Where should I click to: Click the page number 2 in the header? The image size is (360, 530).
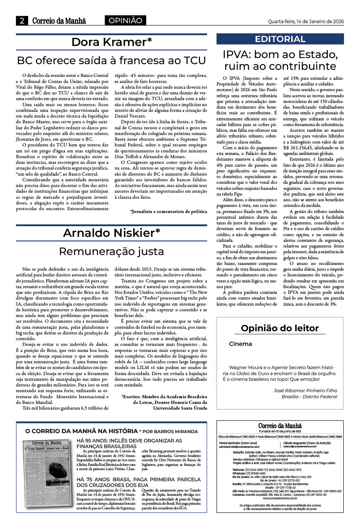22,21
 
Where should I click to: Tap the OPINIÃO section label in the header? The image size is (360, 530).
125,21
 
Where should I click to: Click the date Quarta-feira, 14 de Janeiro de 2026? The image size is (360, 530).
305,21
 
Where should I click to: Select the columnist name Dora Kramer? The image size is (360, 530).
112,42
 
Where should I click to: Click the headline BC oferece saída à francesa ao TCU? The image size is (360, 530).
112,60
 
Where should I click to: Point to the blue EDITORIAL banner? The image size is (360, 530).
280,39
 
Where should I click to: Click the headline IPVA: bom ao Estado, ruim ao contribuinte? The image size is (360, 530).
280,60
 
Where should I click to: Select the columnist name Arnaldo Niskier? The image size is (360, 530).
112,233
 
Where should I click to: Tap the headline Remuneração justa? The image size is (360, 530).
112,251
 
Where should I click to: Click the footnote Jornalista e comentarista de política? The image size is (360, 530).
169,212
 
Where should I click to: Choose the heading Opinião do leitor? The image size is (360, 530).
280,328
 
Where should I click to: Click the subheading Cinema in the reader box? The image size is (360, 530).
240,344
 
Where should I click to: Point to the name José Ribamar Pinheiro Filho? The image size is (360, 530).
305,390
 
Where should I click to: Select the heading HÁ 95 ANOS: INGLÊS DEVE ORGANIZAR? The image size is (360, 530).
129,443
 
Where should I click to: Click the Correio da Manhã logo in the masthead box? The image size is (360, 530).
280,426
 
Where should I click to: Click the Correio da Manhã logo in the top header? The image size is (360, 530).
59,21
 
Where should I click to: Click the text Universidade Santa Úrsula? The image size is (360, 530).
180,408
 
